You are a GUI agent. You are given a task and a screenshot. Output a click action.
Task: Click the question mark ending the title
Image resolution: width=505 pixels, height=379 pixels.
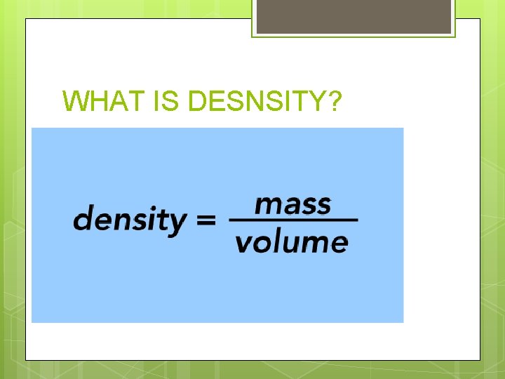pyautogui.click(x=335, y=102)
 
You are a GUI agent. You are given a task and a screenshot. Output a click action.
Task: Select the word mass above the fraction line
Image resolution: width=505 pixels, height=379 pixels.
pyautogui.click(x=292, y=204)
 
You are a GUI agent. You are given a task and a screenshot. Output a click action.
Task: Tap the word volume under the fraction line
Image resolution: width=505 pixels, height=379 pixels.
pyautogui.click(x=291, y=242)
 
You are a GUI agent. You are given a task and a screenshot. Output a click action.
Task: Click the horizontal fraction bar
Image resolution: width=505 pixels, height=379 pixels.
pyautogui.click(x=294, y=221)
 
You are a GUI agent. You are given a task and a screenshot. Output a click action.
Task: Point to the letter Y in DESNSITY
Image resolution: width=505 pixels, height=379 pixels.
pyautogui.click(x=317, y=102)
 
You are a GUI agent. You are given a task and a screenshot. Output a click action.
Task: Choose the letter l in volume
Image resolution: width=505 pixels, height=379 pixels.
pyautogui.click(x=275, y=241)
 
